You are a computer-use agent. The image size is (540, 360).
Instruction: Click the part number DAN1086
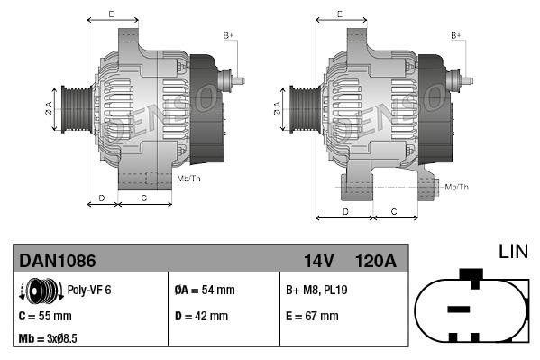pos(58,261)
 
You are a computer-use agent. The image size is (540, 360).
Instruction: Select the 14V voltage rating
pos(318,261)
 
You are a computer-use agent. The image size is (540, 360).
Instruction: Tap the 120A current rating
pos(374,261)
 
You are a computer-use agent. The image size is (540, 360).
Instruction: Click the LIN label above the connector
pos(514,250)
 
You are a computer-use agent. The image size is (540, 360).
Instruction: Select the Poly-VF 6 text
pos(90,291)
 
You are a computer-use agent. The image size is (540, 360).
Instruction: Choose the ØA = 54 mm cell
pos(205,291)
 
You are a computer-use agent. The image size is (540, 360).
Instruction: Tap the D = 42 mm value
pos(202,317)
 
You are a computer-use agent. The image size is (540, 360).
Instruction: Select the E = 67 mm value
pos(312,317)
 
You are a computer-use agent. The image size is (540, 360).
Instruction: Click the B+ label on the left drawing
pos(228,35)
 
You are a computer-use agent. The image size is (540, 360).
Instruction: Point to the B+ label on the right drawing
pos(455,35)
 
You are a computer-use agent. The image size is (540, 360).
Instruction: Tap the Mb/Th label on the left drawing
pos(189,179)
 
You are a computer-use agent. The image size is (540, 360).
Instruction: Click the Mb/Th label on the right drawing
pos(458,187)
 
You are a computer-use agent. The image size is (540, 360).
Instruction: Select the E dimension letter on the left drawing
pos(110,14)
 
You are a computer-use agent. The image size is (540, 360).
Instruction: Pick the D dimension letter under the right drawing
pos(346,211)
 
